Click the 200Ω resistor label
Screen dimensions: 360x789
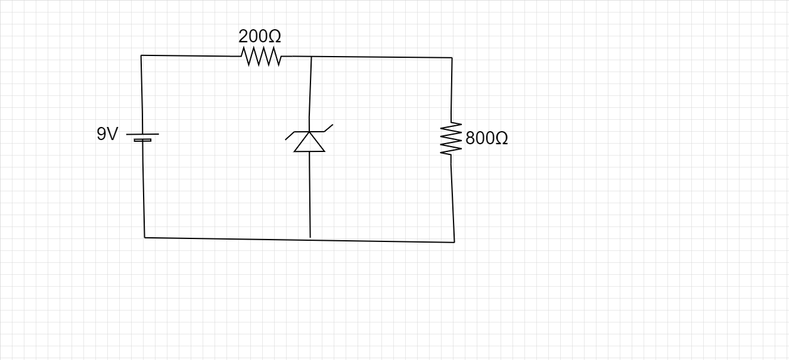pyautogui.click(x=260, y=36)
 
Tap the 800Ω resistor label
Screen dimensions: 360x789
pyautogui.click(x=486, y=138)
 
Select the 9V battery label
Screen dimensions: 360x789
pyautogui.click(x=108, y=134)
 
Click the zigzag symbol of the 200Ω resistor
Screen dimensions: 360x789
pyautogui.click(x=261, y=57)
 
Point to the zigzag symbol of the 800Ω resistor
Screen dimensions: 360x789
pyautogui.click(x=451, y=139)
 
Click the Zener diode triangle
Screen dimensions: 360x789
pyautogui.click(x=309, y=142)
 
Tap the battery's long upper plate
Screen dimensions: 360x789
pyautogui.click(x=142, y=134)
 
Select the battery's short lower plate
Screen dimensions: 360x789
pyautogui.click(x=142, y=140)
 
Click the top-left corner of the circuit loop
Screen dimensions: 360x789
pyautogui.click(x=141, y=55)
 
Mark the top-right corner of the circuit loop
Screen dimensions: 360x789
pyautogui.click(x=452, y=58)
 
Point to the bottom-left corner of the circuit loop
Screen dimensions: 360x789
pyautogui.click(x=145, y=237)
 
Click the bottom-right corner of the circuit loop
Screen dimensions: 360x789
pyautogui.click(x=454, y=242)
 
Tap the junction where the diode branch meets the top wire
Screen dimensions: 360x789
pyautogui.click(x=311, y=57)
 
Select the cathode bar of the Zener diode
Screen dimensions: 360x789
pyautogui.click(x=309, y=132)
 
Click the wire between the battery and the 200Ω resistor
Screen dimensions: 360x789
pyautogui.click(x=191, y=56)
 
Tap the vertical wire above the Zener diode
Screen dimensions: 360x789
pyautogui.click(x=310, y=89)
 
